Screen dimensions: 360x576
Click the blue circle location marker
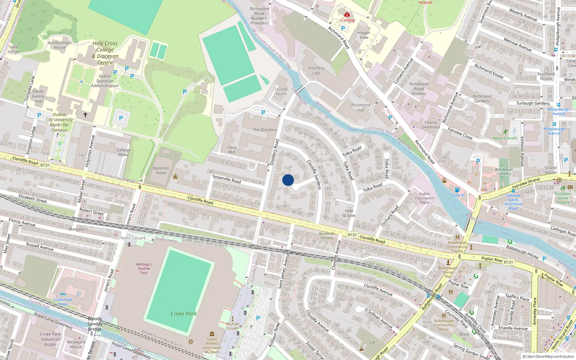(x=288, y=180)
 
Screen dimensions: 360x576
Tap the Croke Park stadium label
(x=184, y=314)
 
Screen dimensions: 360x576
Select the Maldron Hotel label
(x=161, y=171)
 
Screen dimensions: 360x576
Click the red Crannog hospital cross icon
(x=347, y=15)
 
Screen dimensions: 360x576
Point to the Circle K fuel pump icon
(x=457, y=190)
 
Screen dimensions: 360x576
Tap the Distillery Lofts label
(x=316, y=71)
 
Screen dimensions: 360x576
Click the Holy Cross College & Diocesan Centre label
(x=105, y=53)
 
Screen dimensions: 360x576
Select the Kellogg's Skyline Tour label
(x=144, y=269)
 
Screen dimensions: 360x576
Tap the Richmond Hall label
(x=360, y=108)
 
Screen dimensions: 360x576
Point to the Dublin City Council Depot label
(x=424, y=198)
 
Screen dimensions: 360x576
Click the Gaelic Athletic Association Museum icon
(x=212, y=334)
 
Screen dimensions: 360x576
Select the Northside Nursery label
(x=327, y=236)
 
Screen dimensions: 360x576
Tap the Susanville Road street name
(x=226, y=178)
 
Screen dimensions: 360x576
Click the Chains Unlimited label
(x=431, y=125)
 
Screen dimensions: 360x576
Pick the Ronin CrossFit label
(x=505, y=138)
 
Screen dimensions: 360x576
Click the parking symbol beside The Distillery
(x=263, y=113)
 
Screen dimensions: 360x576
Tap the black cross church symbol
(x=85, y=115)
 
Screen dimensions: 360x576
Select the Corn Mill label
(x=232, y=150)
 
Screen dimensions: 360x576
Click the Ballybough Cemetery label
(x=504, y=171)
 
